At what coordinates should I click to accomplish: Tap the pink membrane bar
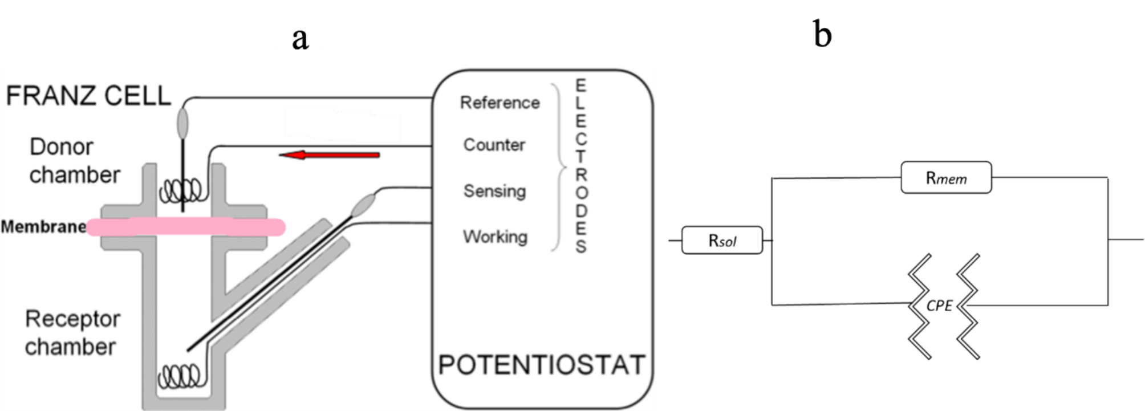point(185,227)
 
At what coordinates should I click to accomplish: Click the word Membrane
point(43,227)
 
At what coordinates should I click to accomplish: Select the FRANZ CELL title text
point(88,95)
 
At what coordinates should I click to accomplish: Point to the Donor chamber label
point(74,161)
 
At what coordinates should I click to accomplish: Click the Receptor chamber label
point(72,332)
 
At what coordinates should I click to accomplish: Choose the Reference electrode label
point(500,103)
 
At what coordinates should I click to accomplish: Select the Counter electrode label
point(494,145)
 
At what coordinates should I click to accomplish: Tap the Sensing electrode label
point(494,191)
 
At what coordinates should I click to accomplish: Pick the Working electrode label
point(495,236)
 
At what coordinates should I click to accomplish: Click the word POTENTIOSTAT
point(541,365)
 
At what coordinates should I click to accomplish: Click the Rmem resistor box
point(946,178)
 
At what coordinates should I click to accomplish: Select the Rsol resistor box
point(722,240)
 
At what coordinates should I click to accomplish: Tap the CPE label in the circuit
point(939,306)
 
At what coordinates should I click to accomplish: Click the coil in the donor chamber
point(180,191)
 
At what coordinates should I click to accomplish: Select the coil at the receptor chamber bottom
point(180,376)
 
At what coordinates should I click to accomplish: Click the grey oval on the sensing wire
point(363,205)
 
